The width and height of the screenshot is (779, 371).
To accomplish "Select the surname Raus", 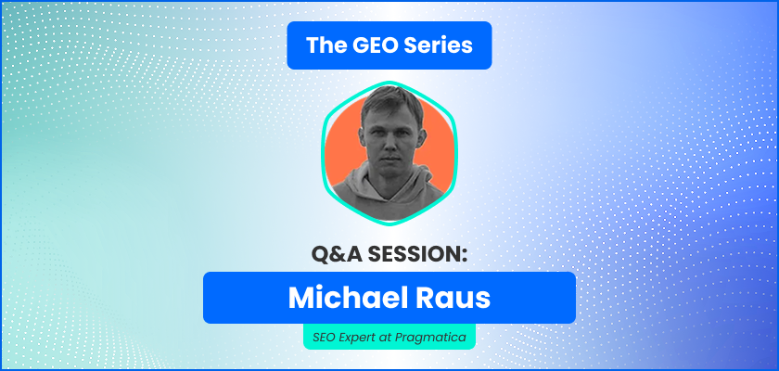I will tap(450, 297).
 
